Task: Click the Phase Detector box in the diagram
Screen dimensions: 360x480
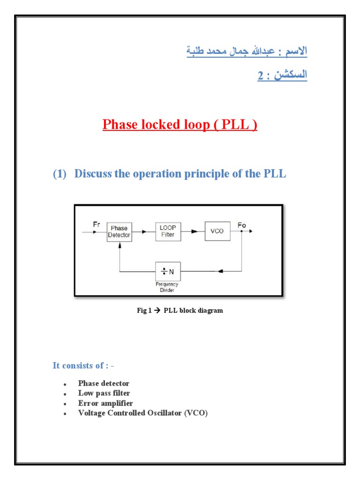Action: [x=119, y=232]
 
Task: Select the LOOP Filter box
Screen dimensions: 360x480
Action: [x=168, y=231]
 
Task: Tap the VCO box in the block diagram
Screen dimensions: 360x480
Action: [x=217, y=231]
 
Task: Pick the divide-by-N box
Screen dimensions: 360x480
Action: [x=168, y=271]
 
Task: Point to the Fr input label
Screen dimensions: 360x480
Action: [x=97, y=225]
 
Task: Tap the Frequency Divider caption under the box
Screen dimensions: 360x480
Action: [x=167, y=287]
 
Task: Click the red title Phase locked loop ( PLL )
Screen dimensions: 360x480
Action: [x=180, y=125]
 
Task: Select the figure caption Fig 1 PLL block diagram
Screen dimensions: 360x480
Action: [x=180, y=310]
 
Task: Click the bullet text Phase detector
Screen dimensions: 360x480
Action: [x=104, y=383]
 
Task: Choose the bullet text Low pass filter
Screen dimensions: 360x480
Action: [x=104, y=393]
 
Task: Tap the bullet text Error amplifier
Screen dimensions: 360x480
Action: [x=105, y=403]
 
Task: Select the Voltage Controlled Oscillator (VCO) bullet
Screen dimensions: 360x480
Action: [x=142, y=413]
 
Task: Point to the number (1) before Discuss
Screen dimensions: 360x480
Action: [x=60, y=174]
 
